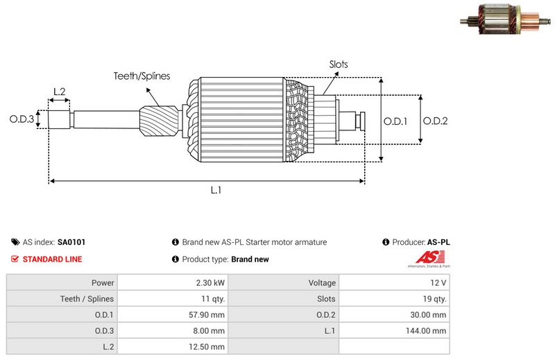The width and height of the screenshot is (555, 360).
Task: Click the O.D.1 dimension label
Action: click(395, 121)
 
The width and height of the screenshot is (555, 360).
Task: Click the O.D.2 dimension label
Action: click(436, 121)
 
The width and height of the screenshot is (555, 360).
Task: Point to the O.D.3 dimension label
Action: click(22, 119)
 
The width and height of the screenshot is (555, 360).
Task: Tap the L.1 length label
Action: click(216, 190)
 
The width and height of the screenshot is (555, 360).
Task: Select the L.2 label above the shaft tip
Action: click(59, 92)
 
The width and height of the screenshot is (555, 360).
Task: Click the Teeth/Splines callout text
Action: click(142, 76)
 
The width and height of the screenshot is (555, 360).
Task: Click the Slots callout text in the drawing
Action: click(339, 65)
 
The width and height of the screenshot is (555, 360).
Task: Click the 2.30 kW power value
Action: click(210, 283)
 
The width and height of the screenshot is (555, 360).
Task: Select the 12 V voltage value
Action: click(438, 283)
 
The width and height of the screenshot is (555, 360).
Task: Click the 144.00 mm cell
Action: click(429, 331)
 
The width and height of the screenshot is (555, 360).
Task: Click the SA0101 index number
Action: click(71, 243)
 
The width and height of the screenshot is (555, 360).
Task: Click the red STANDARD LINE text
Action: click(52, 259)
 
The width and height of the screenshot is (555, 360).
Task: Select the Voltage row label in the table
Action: click(322, 283)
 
